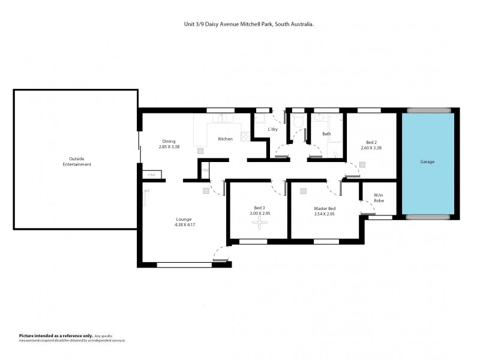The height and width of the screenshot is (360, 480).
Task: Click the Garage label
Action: click(x=427, y=162)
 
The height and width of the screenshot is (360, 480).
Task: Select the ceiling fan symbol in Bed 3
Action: click(x=259, y=224)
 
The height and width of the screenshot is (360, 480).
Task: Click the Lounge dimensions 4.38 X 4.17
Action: click(x=184, y=225)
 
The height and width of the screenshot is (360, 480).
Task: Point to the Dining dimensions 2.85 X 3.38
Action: click(x=169, y=146)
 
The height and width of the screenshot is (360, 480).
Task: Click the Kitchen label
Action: click(x=225, y=139)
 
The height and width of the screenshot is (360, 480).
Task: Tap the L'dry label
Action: click(x=272, y=129)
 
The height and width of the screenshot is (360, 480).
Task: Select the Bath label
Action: click(x=327, y=134)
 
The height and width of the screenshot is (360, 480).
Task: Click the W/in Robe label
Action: click(x=379, y=198)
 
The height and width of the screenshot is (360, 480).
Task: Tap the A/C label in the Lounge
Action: click(x=146, y=191)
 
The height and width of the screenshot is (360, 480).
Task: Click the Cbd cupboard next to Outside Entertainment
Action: click(x=152, y=175)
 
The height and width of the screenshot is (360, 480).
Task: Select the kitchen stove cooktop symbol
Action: click(x=245, y=136)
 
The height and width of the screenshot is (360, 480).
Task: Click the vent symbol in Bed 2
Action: click(x=362, y=164)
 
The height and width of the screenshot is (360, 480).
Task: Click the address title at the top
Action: click(x=249, y=25)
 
